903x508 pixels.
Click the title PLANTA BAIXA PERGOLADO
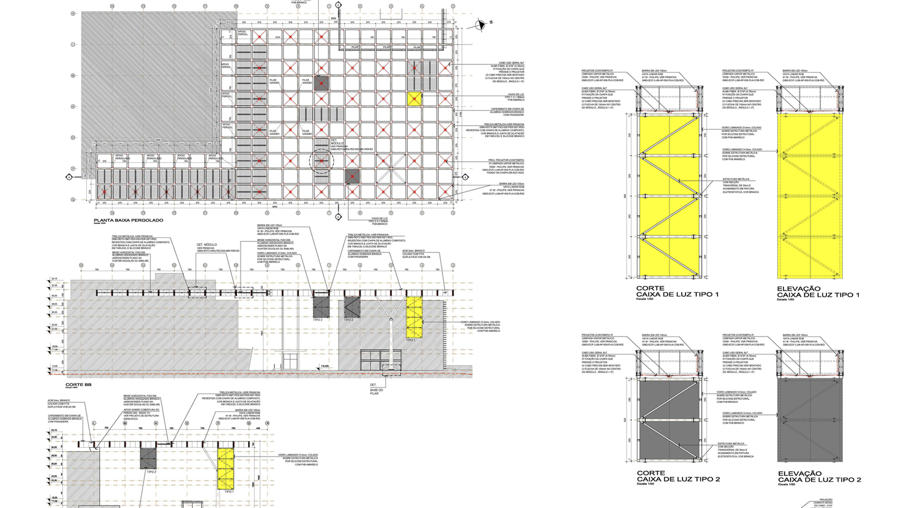[x=128, y=220]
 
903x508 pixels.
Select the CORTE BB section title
[x=78, y=385]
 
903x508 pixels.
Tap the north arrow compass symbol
[x=481, y=25]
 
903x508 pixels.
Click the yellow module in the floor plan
[x=414, y=99]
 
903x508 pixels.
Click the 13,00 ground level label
[x=325, y=366]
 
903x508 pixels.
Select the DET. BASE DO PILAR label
[x=376, y=389]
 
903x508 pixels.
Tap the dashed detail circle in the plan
[x=321, y=161]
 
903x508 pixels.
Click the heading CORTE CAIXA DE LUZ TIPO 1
[x=677, y=292]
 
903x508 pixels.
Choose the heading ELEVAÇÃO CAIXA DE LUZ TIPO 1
[x=818, y=292]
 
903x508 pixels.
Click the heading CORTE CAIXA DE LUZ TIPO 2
[x=678, y=476]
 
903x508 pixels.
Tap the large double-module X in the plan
[x=391, y=169]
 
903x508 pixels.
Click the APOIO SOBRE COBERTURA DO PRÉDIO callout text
[x=141, y=413]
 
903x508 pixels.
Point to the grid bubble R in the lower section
[x=267, y=423]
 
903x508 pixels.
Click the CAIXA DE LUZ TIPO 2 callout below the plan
[x=379, y=220]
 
